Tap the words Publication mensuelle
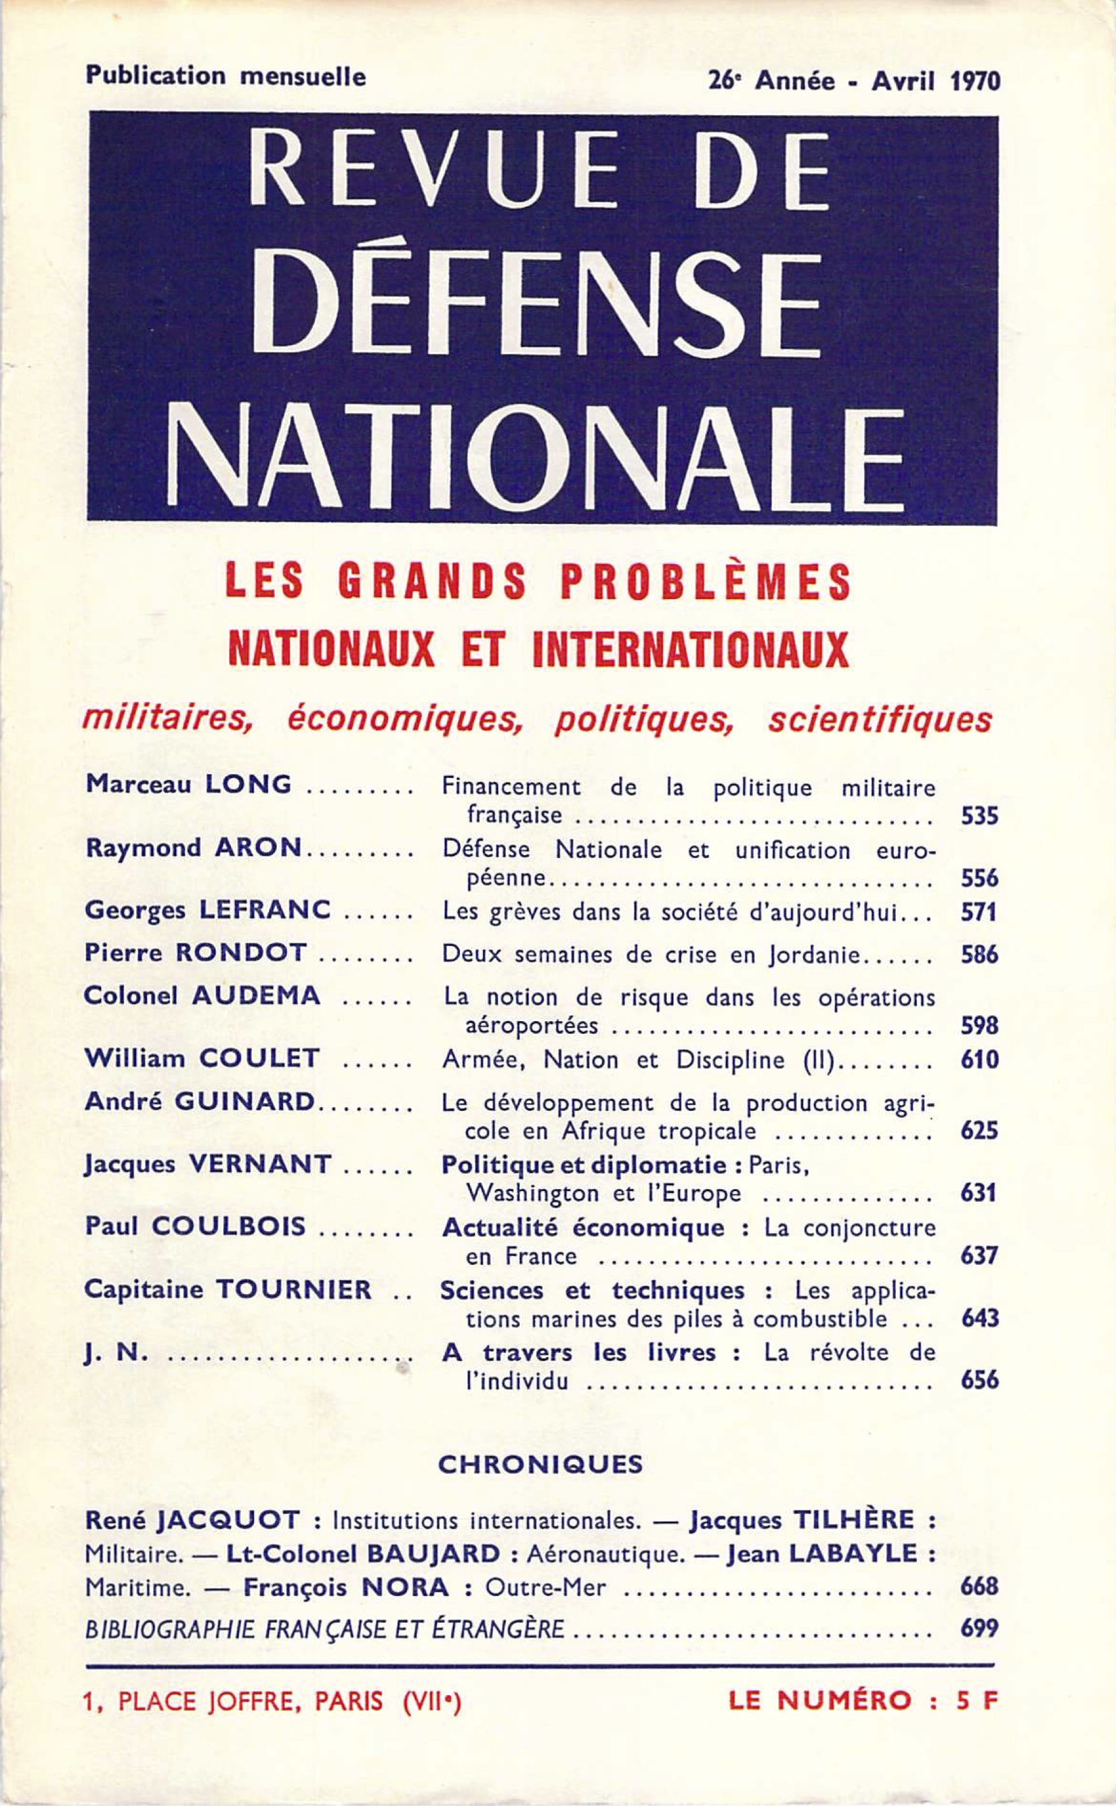click(226, 76)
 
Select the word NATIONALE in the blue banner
click(536, 457)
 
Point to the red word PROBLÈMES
click(705, 582)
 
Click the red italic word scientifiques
click(879, 720)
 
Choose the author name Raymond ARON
click(194, 849)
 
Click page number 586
click(979, 956)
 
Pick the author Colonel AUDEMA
click(202, 996)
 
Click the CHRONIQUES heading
click(540, 1465)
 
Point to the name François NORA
click(346, 1588)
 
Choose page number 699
click(979, 1627)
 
